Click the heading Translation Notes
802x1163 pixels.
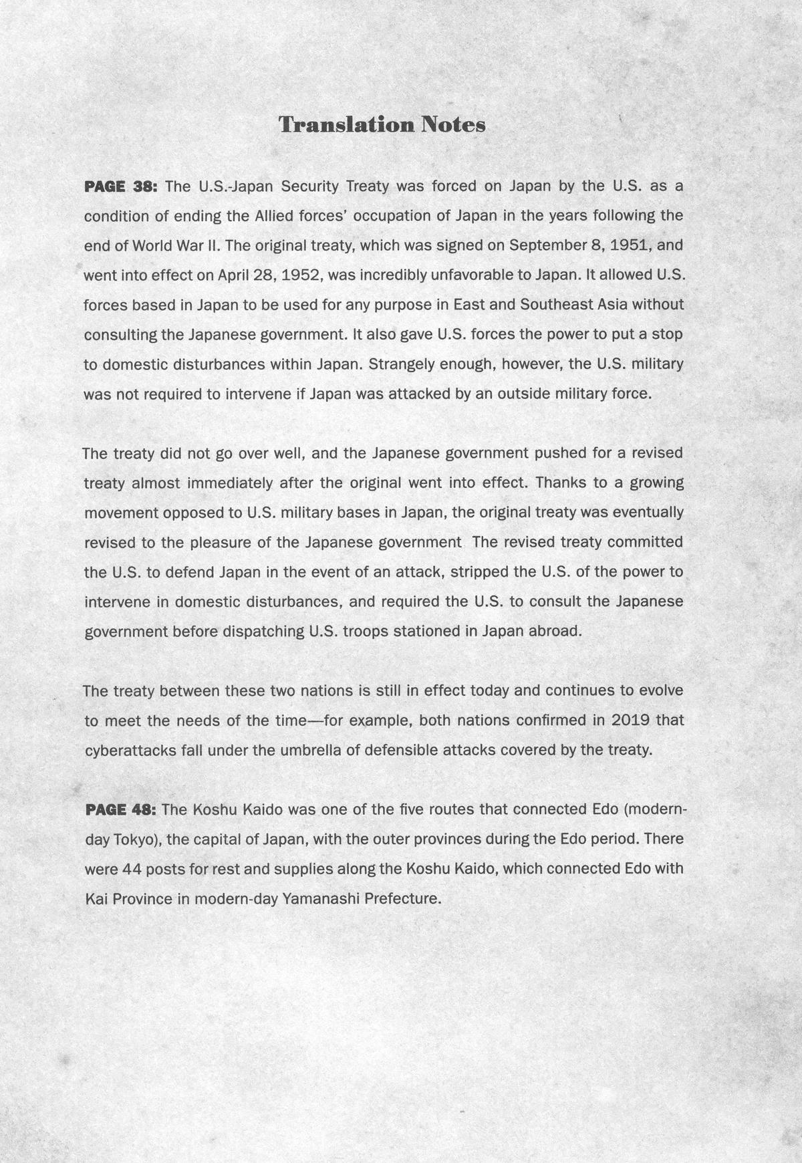[382, 125]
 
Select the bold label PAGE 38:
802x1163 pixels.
[120, 186]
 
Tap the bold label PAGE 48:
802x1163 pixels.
[120, 810]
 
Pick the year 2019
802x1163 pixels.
[630, 721]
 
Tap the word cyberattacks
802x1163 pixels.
[130, 750]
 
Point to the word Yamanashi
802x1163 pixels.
[314, 898]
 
